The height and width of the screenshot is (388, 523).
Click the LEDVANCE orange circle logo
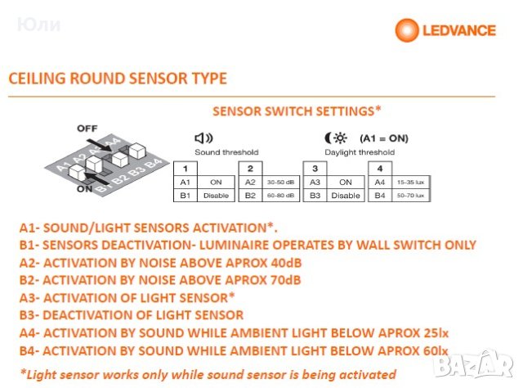point(408,30)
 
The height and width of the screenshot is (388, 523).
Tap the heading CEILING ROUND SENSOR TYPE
point(118,79)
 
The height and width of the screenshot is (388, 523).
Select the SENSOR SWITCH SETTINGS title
point(297,110)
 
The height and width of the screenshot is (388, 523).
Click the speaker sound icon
point(203,138)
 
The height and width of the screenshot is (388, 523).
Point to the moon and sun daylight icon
point(333,138)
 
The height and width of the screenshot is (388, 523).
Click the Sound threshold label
point(226,152)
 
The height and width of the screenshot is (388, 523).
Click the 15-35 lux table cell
point(410,183)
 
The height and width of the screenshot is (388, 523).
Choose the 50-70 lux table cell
point(410,196)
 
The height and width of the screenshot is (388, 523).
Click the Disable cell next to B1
point(216,196)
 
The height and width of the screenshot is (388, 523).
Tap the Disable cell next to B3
point(346,196)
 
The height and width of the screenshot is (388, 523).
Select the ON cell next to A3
point(346,183)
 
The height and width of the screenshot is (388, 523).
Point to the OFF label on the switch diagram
point(87,129)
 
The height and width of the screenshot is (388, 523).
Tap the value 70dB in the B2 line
point(287,280)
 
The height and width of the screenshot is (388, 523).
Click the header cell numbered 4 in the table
point(379,168)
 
